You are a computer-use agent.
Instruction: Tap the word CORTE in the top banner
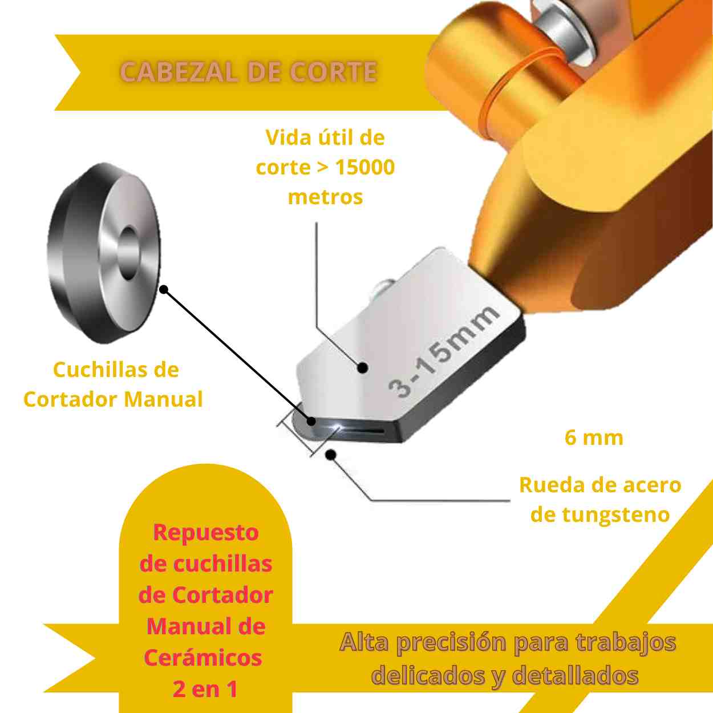[x=333, y=72]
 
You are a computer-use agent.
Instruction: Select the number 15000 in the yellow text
[x=365, y=167]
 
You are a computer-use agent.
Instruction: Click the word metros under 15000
[x=325, y=197]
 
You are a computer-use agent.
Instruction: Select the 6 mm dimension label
[x=594, y=437]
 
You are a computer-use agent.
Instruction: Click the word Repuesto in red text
[x=206, y=532]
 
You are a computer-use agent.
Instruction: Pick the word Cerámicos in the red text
[x=203, y=658]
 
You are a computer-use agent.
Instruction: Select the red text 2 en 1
[x=205, y=689]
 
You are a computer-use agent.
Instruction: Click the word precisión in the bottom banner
[x=451, y=643]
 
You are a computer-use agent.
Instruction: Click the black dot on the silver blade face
[x=362, y=368]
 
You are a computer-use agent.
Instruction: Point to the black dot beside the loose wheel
[x=164, y=290]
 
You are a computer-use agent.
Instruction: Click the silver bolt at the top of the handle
[x=565, y=29]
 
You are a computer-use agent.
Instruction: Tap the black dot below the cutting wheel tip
[x=330, y=454]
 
